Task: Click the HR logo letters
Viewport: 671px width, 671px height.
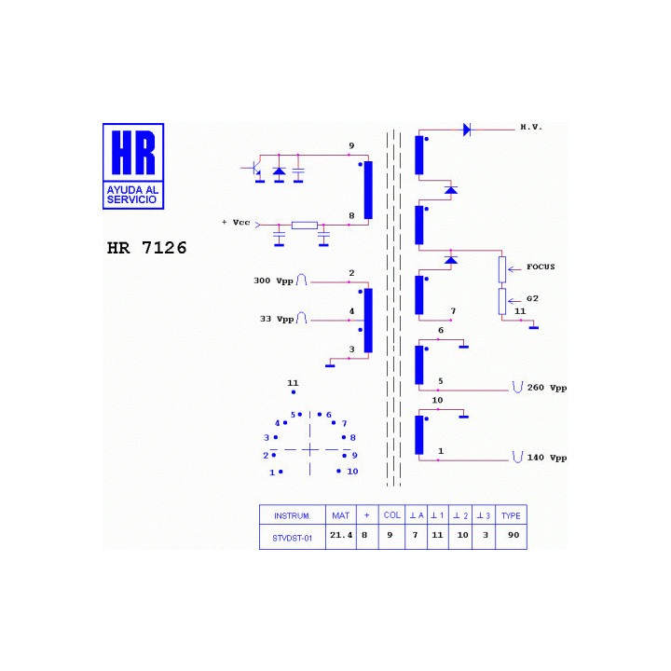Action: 133,153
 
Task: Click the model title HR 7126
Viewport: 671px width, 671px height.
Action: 147,248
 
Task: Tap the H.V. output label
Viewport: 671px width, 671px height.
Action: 531,127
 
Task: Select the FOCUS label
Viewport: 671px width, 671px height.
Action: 541,267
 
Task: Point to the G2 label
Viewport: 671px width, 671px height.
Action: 532,298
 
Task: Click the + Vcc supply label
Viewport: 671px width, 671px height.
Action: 236,222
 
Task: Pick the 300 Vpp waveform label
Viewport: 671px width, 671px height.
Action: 273,281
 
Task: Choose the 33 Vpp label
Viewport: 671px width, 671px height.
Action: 277,319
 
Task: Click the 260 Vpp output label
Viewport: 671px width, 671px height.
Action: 547,388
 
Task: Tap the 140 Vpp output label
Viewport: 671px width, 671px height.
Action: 547,458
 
